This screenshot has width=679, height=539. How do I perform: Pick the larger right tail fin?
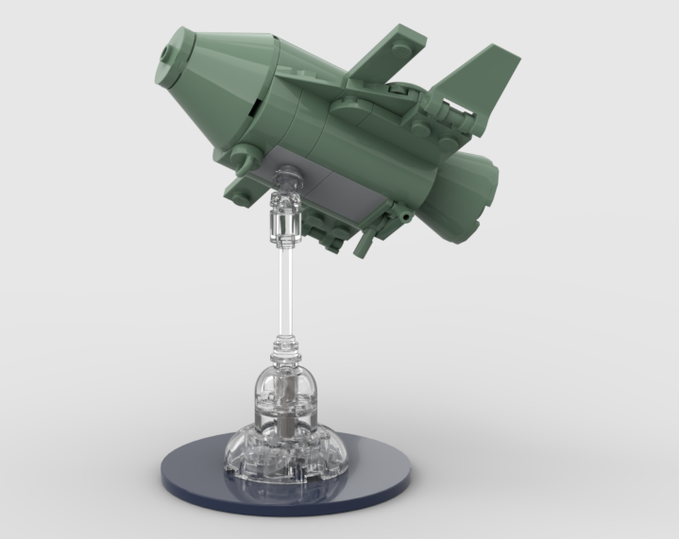tap(479, 78)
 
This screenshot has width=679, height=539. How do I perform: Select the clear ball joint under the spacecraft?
tap(287, 178)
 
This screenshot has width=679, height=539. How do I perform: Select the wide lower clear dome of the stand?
tap(285, 448)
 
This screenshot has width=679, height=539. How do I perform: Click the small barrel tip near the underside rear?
tap(406, 216)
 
